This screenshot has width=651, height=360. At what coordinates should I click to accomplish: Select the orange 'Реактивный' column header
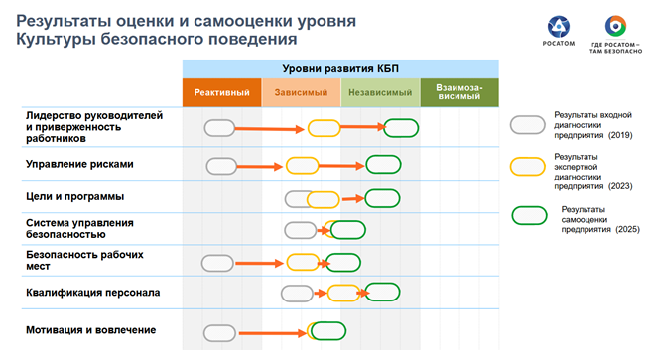(x=221, y=92)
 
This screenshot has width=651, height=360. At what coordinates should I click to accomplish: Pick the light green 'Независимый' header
(x=380, y=92)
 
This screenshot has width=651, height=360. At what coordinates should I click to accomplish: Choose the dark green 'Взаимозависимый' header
(x=459, y=92)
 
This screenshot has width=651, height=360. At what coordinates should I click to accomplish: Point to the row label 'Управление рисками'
(x=79, y=164)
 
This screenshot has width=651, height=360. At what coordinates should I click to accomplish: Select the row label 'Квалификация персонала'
(x=92, y=293)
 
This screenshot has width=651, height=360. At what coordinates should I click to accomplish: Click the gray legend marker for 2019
(x=527, y=125)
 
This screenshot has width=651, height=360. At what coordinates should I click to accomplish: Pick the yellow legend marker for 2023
(x=527, y=167)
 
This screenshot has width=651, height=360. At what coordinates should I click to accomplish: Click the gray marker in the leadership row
(x=219, y=127)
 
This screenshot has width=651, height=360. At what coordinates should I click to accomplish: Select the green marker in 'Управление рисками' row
(x=383, y=164)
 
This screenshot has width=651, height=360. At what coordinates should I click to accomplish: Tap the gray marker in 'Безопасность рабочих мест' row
(x=217, y=263)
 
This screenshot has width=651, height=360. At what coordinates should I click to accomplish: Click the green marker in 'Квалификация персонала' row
(x=381, y=291)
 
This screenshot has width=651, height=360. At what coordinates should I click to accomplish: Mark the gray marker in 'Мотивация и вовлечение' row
(x=219, y=332)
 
